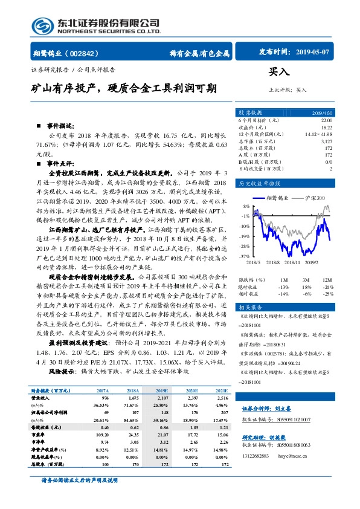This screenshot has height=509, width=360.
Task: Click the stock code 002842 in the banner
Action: [x=86, y=53]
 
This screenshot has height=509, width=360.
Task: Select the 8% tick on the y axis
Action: [x=245, y=206]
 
